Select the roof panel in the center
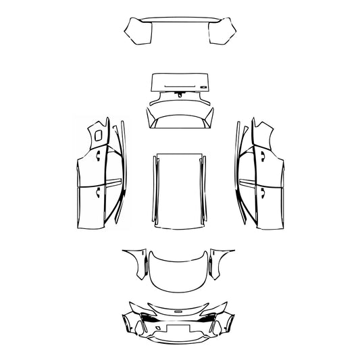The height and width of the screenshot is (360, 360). (179, 189)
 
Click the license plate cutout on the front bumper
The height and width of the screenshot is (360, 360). (179, 332)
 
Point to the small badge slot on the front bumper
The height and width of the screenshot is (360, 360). (179, 311)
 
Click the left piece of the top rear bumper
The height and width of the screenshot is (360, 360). (137, 31)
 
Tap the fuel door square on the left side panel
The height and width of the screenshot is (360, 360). (99, 134)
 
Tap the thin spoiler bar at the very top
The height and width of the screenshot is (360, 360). (179, 20)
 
